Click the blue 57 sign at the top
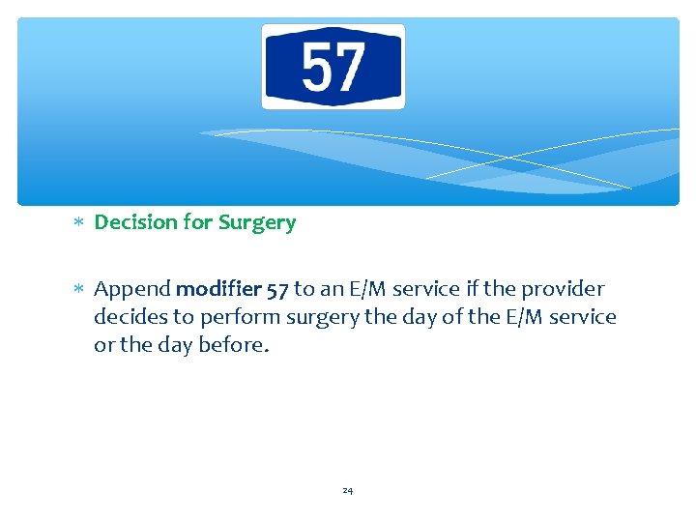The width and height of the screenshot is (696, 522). point(333,67)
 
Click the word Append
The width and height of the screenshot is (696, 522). point(132,289)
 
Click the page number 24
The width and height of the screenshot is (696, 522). point(348,491)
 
